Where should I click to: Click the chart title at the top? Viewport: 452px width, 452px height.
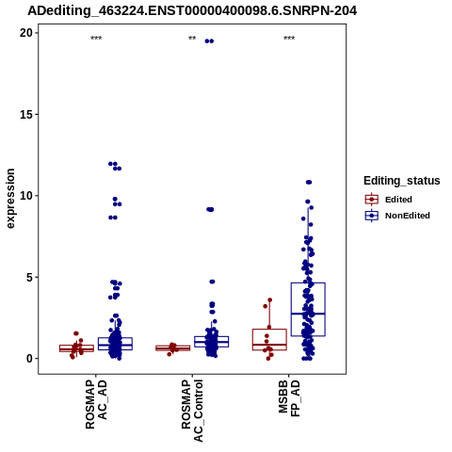point(192,11)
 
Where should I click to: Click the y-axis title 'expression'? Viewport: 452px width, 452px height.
point(10,199)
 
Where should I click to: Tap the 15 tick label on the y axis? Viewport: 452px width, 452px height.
point(27,114)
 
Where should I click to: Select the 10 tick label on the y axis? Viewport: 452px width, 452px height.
point(27,196)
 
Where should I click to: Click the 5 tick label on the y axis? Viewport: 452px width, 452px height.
point(30,277)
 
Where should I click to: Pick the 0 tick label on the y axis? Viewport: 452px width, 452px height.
point(30,359)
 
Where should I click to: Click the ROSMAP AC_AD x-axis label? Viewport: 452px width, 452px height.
point(96,404)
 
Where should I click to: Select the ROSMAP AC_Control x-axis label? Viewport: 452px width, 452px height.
point(192,411)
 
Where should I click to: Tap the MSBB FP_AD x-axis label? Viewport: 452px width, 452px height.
point(289,398)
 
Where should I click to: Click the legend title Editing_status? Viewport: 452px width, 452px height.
point(402,181)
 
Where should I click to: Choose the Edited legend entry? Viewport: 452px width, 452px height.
point(389,200)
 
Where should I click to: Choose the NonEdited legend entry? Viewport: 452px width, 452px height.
point(397,216)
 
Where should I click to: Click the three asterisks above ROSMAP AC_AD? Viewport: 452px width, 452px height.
point(96,39)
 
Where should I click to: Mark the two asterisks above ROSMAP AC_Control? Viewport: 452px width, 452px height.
point(192,39)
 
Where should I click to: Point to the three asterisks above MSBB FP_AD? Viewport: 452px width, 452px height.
point(289,39)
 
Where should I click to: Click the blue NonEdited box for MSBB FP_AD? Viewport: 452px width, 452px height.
point(308,309)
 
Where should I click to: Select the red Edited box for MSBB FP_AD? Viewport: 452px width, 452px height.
point(269,340)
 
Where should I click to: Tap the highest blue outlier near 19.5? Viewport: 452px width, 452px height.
point(209,41)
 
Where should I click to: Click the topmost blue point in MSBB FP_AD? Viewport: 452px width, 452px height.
point(309,183)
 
